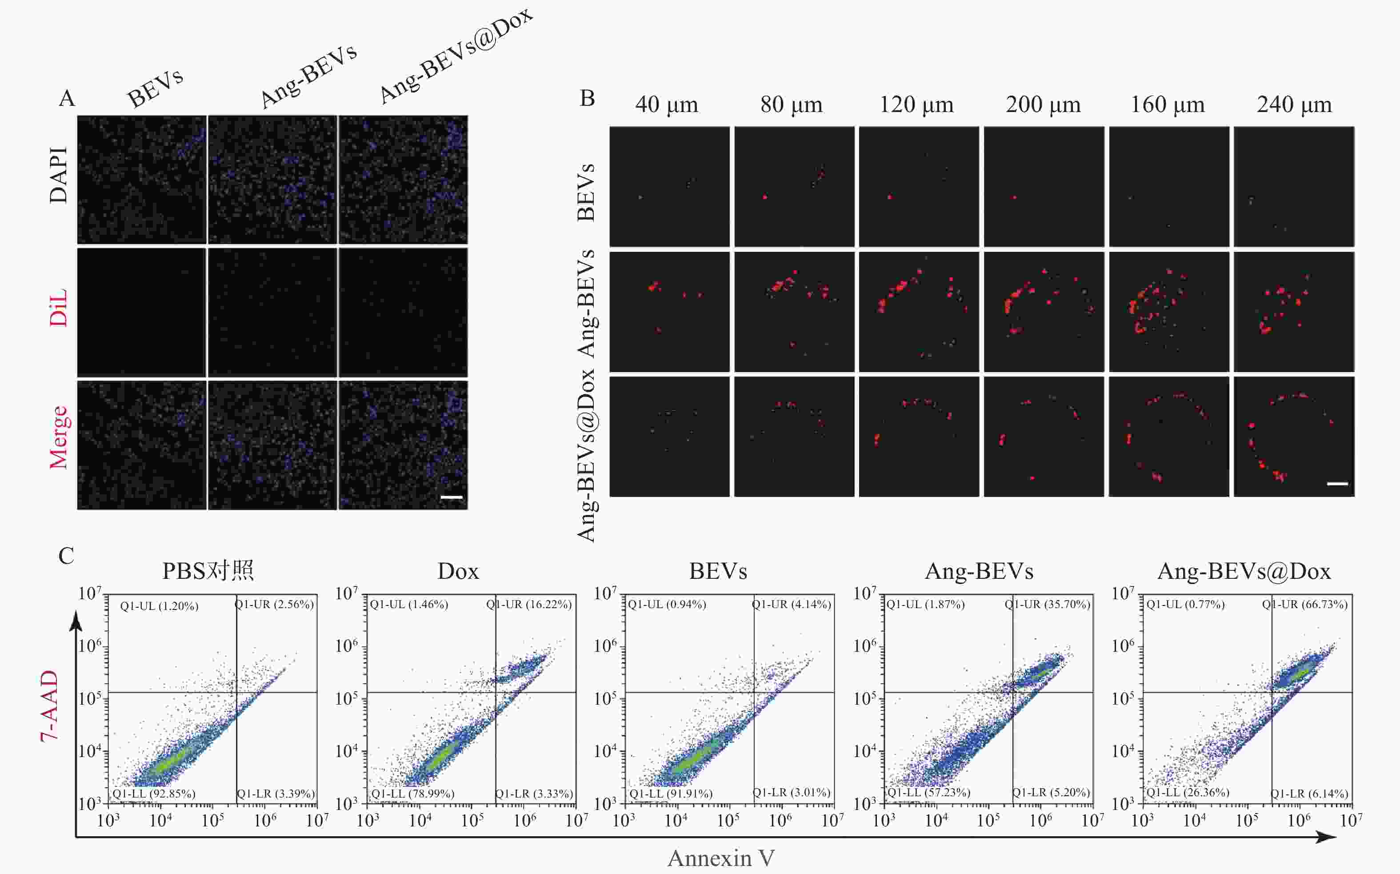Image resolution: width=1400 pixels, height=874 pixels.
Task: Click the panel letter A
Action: (x=67, y=99)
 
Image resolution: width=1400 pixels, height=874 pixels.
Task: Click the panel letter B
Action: (x=587, y=99)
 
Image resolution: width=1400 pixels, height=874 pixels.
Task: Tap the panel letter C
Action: (x=67, y=556)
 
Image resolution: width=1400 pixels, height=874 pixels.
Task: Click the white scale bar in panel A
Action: (x=452, y=497)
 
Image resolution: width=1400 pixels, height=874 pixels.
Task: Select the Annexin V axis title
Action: (x=721, y=858)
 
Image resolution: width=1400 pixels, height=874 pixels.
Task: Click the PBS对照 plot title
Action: (x=208, y=571)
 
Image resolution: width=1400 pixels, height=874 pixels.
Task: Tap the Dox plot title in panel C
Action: (x=458, y=571)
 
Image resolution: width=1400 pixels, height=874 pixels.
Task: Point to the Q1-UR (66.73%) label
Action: (x=1304, y=605)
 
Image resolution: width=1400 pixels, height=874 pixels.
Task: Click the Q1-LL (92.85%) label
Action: (x=154, y=794)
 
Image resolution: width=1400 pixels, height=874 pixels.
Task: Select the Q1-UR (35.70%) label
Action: (x=1047, y=605)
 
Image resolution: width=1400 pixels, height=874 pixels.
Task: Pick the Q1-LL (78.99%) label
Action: (x=412, y=794)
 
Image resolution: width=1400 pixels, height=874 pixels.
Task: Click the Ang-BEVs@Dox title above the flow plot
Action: (x=1244, y=571)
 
